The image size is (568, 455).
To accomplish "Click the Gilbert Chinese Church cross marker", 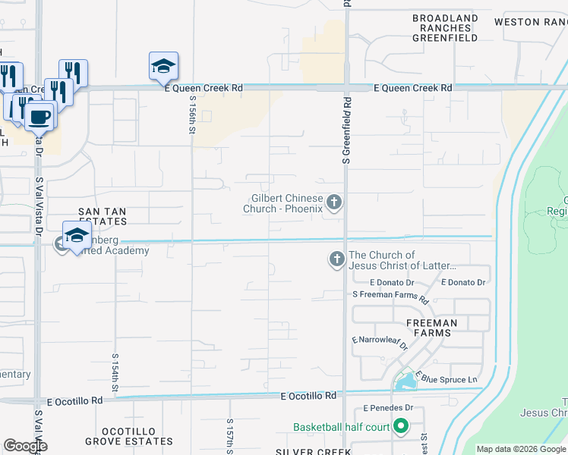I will click(x=335, y=202).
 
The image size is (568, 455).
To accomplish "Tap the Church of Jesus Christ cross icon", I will click(x=336, y=260).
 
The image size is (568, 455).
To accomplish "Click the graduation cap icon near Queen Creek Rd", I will click(x=163, y=67).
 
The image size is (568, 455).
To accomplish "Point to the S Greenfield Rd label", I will click(x=346, y=130).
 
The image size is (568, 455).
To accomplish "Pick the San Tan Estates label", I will click(x=103, y=216).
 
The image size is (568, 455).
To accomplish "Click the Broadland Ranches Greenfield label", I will click(x=445, y=27).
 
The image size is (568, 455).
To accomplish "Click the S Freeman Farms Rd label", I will click(x=390, y=295).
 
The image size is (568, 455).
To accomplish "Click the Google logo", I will click(x=26, y=446).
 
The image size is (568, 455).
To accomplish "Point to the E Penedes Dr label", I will click(x=387, y=407).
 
